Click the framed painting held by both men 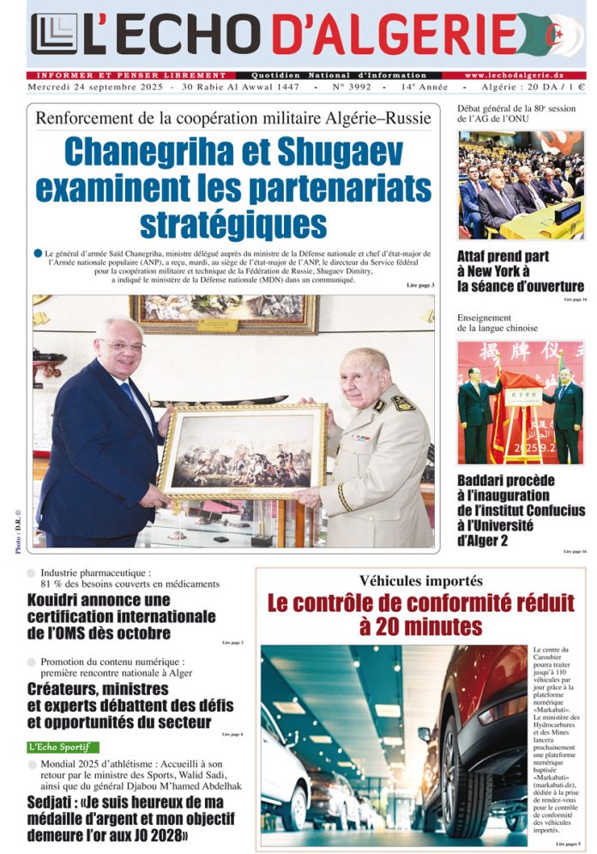click(x=242, y=451)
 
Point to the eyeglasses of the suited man click(x=122, y=345)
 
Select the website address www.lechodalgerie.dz click(x=525, y=76)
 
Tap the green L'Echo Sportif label click(x=63, y=747)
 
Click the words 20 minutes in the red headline click(x=422, y=626)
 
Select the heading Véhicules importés click(x=420, y=581)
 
